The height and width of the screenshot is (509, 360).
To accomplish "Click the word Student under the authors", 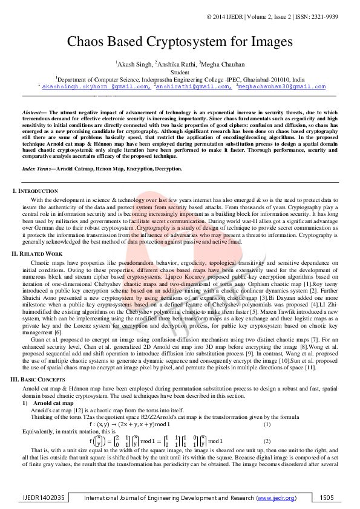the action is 180,72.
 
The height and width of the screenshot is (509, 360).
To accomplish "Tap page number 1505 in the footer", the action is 327,498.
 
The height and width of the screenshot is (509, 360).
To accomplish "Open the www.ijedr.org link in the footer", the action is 277,498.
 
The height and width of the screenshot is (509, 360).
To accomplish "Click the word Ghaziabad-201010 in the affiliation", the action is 257,79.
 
